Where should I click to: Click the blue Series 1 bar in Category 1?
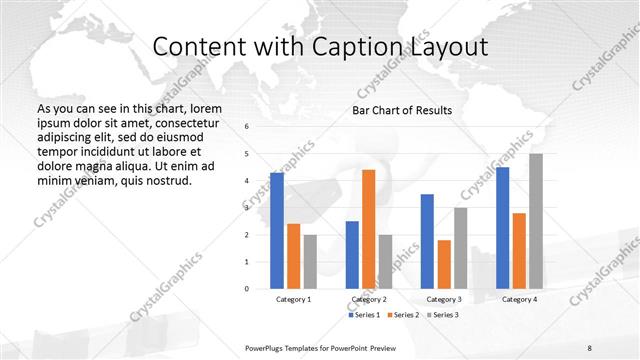pos(277,231)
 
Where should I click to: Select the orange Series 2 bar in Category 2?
pos(368,229)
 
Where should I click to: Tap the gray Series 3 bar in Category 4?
pos(536,221)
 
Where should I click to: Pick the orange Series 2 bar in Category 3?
pos(444,264)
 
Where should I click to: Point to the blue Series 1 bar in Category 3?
pos(427,241)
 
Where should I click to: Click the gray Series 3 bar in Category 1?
pos(310,262)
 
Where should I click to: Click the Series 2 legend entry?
pos(404,315)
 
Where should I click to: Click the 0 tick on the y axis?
pos(247,289)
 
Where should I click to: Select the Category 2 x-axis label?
pos(368,299)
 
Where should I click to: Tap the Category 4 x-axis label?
pos(519,299)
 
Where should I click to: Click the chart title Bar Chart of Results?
pos(402,110)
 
